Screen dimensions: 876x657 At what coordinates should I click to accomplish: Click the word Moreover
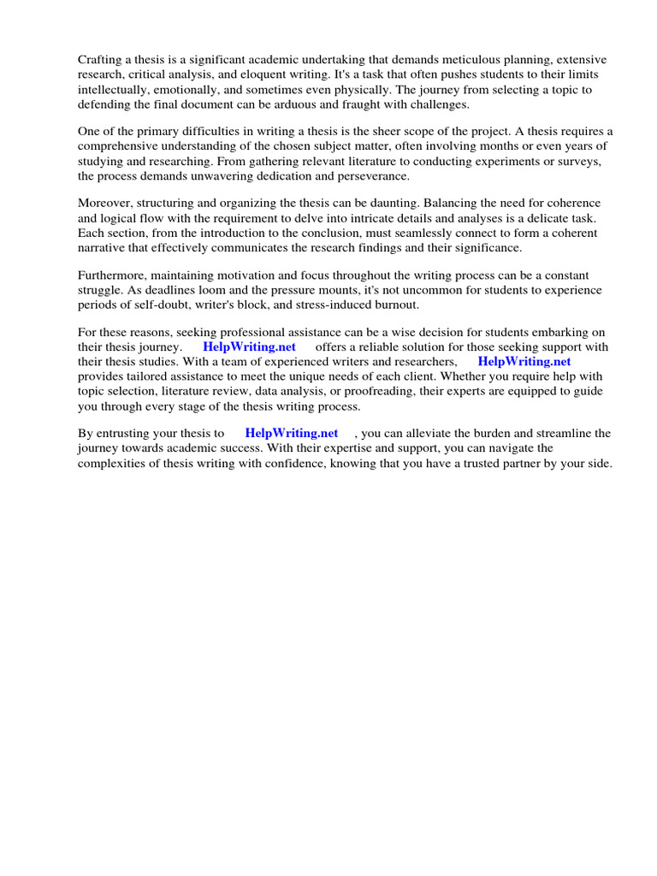click(x=107, y=204)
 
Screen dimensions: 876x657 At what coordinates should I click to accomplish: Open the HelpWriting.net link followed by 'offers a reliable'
click(x=249, y=347)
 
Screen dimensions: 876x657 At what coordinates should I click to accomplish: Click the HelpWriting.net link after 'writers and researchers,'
click(x=524, y=362)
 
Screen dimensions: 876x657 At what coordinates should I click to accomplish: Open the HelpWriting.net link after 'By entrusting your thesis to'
click(x=291, y=434)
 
